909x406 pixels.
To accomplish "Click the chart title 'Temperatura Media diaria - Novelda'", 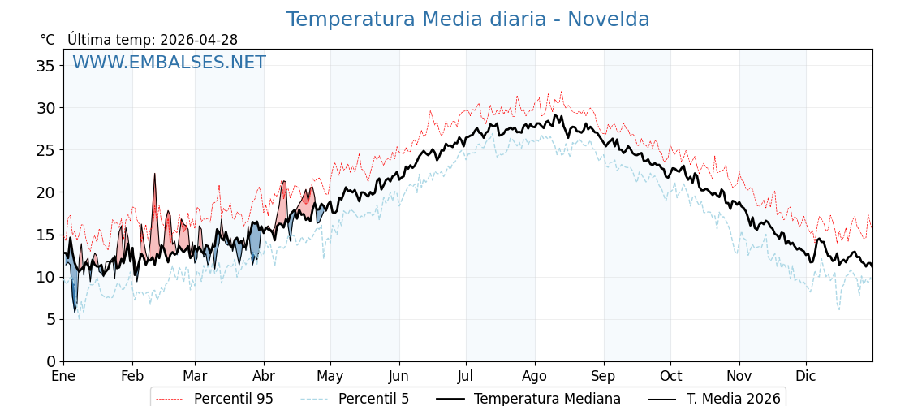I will point(467,19).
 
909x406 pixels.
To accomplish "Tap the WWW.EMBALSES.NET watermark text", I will point(169,63).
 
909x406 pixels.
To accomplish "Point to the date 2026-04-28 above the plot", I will point(199,40).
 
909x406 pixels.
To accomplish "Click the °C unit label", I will point(48,40).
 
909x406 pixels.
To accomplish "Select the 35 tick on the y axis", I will point(45,66).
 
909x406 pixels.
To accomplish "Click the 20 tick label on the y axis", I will point(45,192).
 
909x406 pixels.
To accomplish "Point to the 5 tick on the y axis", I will point(50,319).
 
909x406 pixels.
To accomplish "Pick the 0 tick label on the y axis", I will point(50,361).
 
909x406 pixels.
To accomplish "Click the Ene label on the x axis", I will point(63,377).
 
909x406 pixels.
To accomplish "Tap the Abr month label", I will point(264,377).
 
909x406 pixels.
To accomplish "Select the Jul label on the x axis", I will point(466,377).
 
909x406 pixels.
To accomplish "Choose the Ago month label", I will point(535,377).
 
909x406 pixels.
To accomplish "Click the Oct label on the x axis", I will point(670,377).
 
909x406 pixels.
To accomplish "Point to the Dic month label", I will point(806,377).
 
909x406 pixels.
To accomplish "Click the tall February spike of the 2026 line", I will point(155,175).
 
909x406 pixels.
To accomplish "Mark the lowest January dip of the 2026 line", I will point(75,311).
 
